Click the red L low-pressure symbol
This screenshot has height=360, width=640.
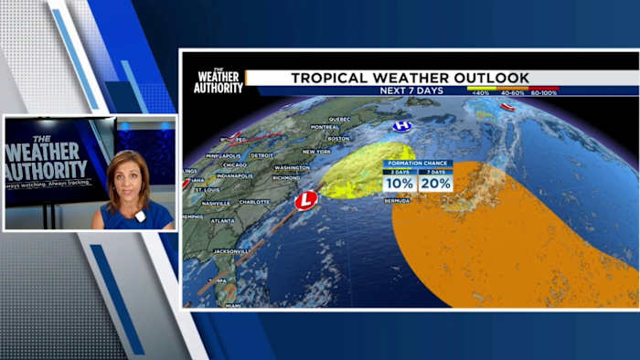(304, 200)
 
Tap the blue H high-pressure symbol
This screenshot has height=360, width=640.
(401, 126)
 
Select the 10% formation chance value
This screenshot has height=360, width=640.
(400, 184)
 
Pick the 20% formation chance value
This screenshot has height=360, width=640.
(435, 184)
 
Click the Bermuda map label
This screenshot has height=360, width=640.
(397, 200)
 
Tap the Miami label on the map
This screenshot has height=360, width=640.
(232, 305)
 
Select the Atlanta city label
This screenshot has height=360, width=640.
(221, 220)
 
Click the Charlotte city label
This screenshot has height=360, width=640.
(255, 202)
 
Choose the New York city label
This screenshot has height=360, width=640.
(316, 152)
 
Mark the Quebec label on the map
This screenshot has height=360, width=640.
(339, 119)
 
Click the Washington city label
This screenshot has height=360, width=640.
(292, 168)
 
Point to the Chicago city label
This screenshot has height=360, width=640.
(234, 165)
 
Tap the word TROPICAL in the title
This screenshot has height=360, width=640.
(329, 78)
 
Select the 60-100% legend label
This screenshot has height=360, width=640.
(543, 93)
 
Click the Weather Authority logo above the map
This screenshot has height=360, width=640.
(219, 79)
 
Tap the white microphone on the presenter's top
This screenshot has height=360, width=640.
(140, 217)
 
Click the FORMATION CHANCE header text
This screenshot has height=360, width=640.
(417, 164)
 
